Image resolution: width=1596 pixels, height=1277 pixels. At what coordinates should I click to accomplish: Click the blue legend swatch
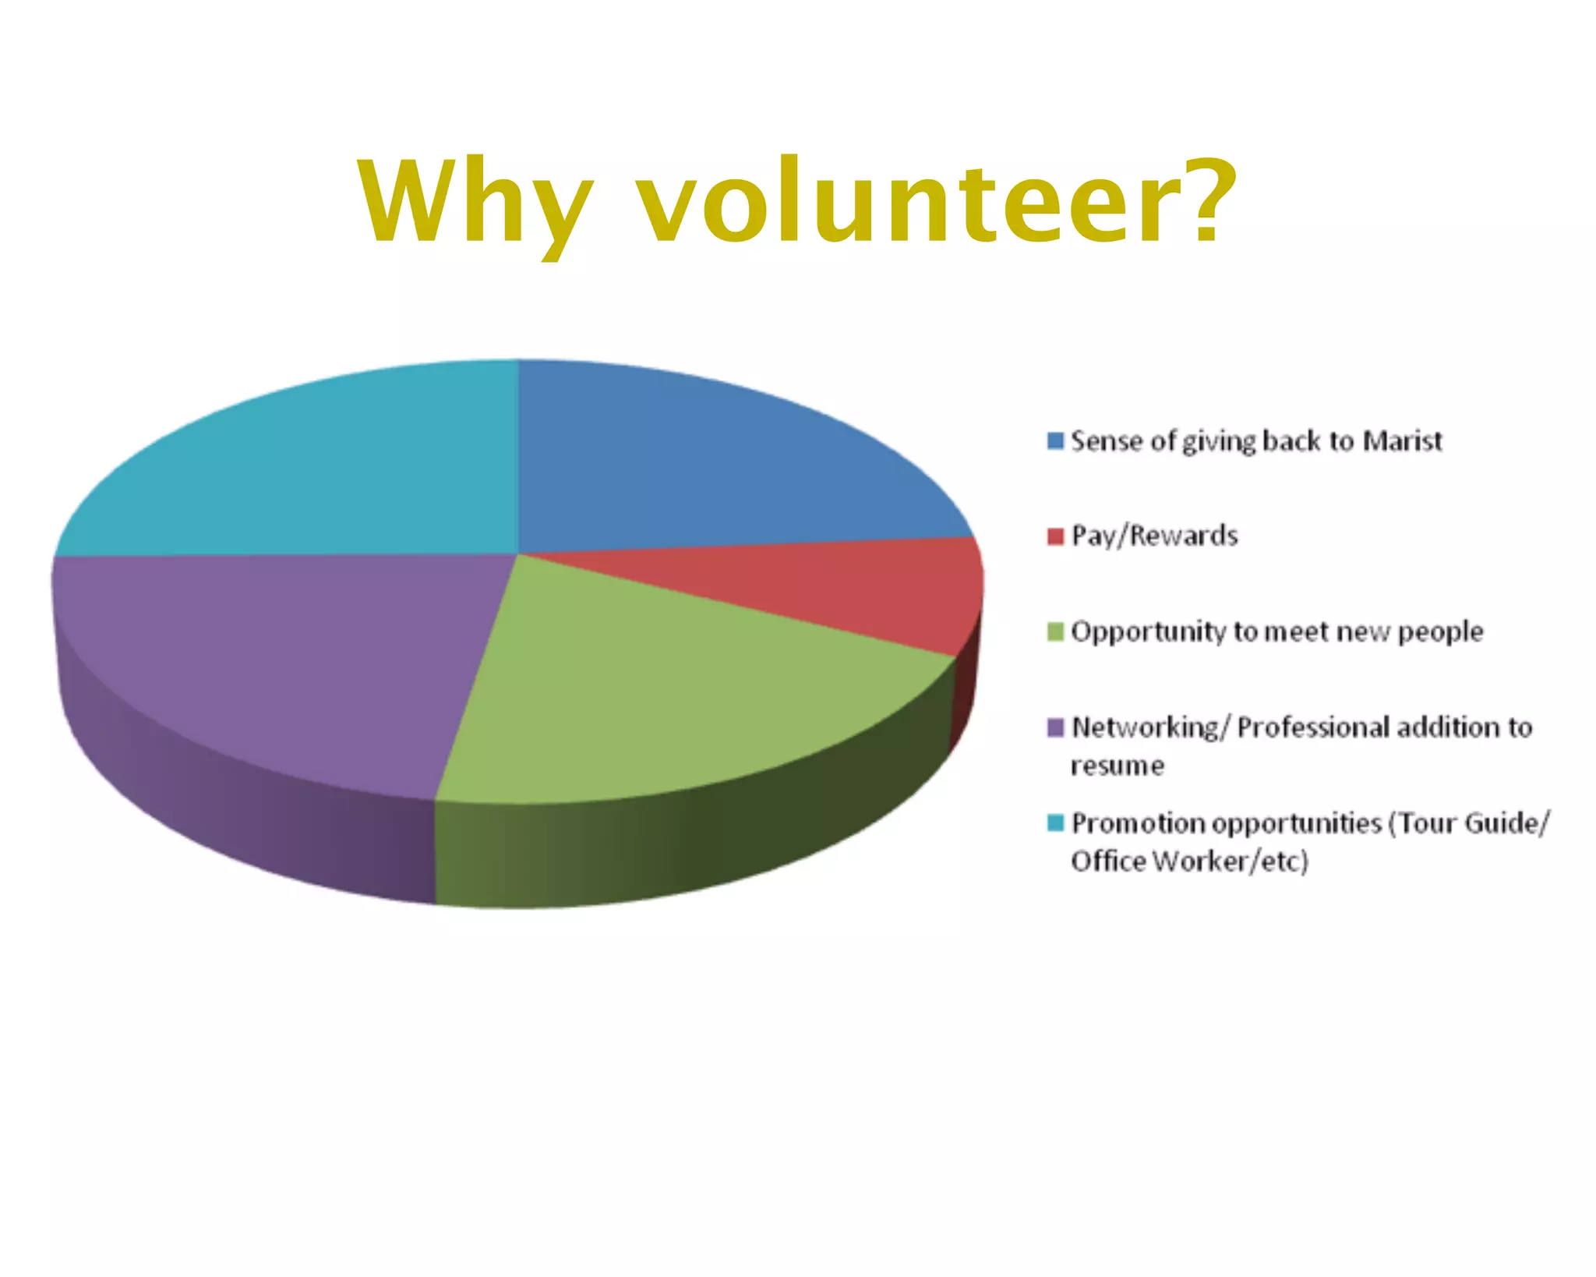coord(1055,441)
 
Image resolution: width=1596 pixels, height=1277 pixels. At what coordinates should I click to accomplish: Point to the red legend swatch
coord(1055,536)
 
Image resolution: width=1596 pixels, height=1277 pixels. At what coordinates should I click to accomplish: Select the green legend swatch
coord(1055,631)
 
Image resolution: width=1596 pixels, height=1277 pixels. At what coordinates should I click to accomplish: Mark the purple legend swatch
coord(1055,727)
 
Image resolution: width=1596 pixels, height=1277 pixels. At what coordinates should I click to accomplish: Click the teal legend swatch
coord(1055,823)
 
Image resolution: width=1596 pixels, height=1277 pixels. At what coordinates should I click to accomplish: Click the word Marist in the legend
coord(1402,441)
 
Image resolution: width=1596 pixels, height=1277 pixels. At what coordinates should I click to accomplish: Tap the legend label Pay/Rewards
coord(1154,536)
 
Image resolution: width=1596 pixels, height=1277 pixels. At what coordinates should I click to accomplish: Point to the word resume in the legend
coord(1117,766)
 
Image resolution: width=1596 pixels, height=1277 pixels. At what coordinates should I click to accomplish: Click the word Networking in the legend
coord(1145,728)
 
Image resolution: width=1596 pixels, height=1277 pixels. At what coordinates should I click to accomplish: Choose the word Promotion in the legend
coord(1137,823)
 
